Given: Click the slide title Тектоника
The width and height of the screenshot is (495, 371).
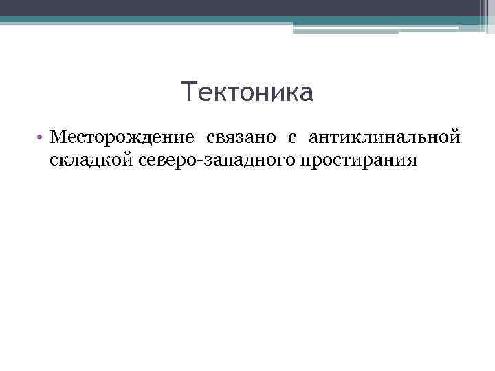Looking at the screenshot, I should coord(247,92).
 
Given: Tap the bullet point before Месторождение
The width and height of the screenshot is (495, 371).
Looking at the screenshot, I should coord(41,138).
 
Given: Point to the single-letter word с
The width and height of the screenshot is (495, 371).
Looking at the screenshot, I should coord(292,139).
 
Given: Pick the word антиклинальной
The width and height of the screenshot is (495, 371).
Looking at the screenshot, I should coord(383,138).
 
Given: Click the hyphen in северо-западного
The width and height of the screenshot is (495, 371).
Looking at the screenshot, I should coord(191,161).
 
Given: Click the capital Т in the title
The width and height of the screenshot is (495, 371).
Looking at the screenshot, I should coord(190,92).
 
